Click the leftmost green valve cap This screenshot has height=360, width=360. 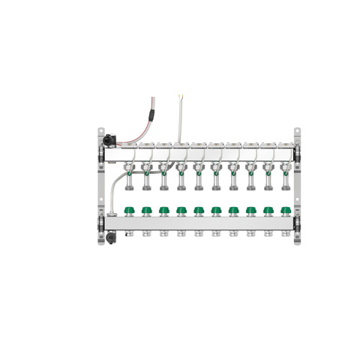(128, 211)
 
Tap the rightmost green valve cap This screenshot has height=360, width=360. (285, 211)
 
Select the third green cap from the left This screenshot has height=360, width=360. (163, 211)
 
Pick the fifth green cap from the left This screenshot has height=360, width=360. (199, 211)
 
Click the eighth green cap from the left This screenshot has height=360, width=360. (250, 211)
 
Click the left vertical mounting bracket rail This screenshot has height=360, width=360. (100, 187)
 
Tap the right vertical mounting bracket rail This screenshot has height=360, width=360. (297, 187)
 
